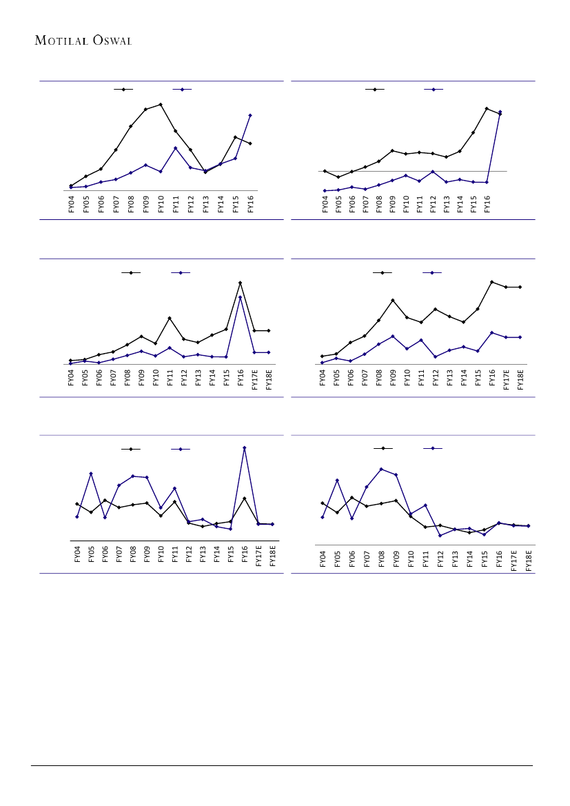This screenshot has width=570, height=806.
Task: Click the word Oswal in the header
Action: (x=110, y=40)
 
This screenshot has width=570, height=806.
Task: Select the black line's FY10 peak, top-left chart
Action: (x=161, y=104)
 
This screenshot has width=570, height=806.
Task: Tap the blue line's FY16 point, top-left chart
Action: (x=250, y=115)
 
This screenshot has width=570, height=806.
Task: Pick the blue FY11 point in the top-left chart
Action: (x=176, y=148)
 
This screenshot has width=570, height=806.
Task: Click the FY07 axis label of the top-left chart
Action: (x=116, y=204)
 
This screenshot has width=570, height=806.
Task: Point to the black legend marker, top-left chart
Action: (x=123, y=90)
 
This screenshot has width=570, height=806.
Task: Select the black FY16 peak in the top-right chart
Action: (x=487, y=108)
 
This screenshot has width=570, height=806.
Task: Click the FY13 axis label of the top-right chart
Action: (x=447, y=204)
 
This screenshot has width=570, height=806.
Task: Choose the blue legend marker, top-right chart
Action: (x=434, y=90)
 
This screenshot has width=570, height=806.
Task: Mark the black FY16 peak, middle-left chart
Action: (x=240, y=283)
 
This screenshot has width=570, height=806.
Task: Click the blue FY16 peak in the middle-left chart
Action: (x=240, y=297)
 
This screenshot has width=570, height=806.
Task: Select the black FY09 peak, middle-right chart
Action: (x=393, y=301)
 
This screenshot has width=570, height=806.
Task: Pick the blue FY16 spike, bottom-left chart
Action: (x=245, y=448)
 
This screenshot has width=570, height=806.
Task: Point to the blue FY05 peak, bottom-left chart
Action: (x=91, y=473)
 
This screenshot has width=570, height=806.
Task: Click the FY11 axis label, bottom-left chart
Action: (x=175, y=556)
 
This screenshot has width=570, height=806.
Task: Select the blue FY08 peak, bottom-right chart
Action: (x=381, y=469)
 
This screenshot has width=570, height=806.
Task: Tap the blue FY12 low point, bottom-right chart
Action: (x=440, y=536)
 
